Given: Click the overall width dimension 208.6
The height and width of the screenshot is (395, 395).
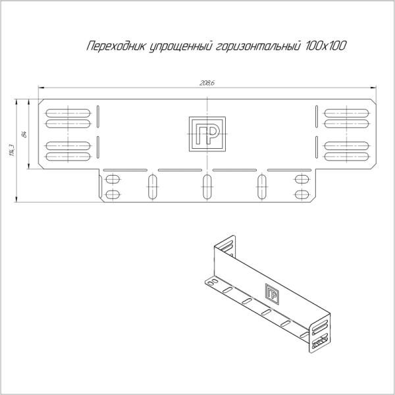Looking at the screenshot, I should point(207,83).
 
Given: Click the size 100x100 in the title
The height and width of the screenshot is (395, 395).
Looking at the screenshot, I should point(327,47).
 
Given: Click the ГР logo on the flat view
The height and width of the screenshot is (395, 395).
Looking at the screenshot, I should point(207,134).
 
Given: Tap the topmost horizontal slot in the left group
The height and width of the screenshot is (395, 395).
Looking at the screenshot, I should point(68,110).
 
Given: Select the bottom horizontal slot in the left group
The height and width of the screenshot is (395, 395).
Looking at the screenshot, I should point(68,157).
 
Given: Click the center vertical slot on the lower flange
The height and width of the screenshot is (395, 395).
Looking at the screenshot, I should point(207,187).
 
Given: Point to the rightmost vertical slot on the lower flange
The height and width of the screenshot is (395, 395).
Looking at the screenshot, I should point(262,187).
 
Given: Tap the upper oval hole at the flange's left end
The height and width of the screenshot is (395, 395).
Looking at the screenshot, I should point(113,179).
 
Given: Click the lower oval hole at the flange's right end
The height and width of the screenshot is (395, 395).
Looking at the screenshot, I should point(302,194).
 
